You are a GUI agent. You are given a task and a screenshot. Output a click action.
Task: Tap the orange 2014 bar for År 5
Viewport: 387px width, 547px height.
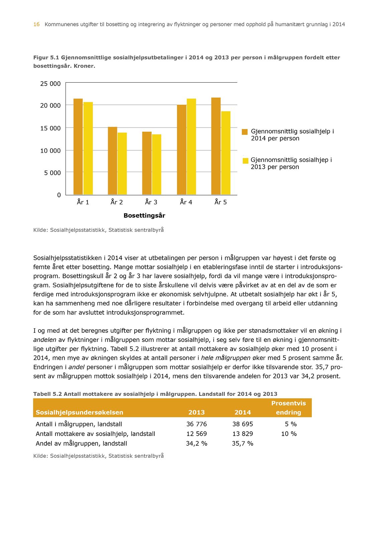click(x=216, y=146)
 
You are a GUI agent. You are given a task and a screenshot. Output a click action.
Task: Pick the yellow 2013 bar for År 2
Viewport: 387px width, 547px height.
click(x=122, y=163)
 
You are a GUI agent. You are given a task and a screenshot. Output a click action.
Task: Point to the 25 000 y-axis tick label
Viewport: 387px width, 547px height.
click(x=50, y=84)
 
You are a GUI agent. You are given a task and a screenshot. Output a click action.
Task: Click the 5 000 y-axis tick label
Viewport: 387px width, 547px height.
click(x=52, y=173)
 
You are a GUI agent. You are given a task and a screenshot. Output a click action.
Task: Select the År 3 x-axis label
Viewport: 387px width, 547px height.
click(x=151, y=202)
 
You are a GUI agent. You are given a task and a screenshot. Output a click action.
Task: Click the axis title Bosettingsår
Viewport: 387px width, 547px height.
click(x=144, y=216)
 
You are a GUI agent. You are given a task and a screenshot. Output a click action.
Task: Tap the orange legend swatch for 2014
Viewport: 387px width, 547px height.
click(x=245, y=132)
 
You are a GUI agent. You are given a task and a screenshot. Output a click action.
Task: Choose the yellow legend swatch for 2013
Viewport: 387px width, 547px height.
click(x=245, y=160)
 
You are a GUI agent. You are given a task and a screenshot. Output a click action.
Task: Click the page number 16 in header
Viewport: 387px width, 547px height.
click(x=36, y=24)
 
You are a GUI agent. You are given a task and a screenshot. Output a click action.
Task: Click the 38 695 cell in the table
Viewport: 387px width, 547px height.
click(x=243, y=424)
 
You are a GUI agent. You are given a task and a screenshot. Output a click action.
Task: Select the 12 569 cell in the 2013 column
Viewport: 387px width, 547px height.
click(x=197, y=434)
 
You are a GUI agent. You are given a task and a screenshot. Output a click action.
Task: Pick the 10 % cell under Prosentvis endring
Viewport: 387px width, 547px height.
click(x=289, y=434)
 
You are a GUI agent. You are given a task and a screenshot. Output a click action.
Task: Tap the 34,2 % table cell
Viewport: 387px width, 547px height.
click(x=197, y=444)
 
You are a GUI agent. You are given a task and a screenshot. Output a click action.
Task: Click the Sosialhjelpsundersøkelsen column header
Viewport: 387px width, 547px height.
click(x=80, y=413)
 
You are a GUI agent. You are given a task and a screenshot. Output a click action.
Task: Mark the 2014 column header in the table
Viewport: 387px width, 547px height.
click(x=243, y=413)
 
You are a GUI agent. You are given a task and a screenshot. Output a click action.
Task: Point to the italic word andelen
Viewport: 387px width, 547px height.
click(x=45, y=340)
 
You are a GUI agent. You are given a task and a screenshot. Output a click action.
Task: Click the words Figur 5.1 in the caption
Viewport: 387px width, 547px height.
click(x=46, y=58)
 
